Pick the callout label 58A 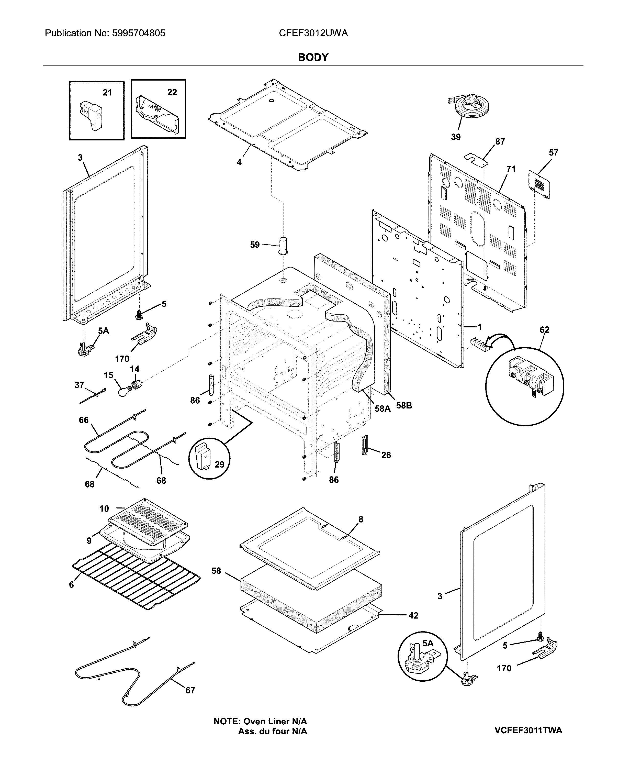pyautogui.click(x=382, y=409)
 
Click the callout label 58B pyautogui.click(x=404, y=405)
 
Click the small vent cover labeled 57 pyautogui.click(x=539, y=184)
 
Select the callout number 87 pyautogui.click(x=500, y=141)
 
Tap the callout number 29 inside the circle pyautogui.click(x=219, y=464)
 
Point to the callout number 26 pyautogui.click(x=386, y=455)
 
